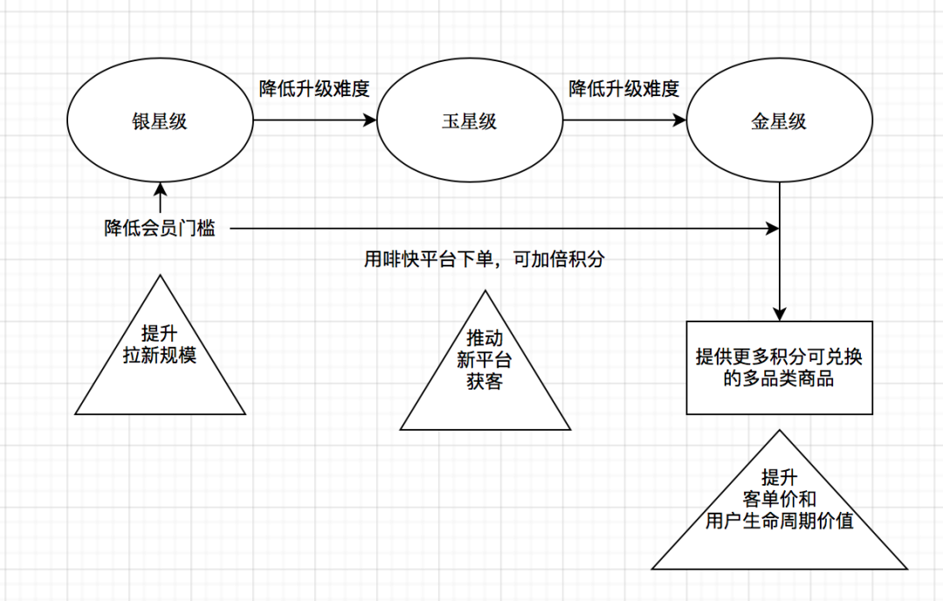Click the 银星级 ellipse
160,121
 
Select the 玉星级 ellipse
469,121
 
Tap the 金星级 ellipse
779,121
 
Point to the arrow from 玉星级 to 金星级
622,121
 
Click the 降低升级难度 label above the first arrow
315,88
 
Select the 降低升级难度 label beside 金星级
624,88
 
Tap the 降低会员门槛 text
160,229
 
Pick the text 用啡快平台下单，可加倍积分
484,259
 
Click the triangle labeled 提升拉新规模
161,358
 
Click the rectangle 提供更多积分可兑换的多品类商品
779,367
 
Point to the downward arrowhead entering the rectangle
779,314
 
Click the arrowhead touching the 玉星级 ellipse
368,121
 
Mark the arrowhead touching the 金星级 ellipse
678,121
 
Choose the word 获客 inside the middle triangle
485,381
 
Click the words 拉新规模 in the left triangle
161,355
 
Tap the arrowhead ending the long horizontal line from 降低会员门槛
773,229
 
